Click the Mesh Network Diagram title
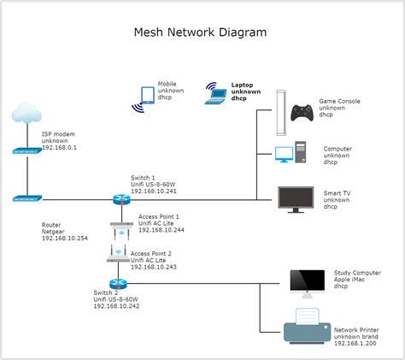pyautogui.click(x=201, y=32)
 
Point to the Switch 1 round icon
pyautogui.click(x=119, y=199)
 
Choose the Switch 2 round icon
pyautogui.click(x=118, y=283)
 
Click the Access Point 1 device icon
pyautogui.click(x=120, y=228)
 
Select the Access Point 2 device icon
pyautogui.click(x=119, y=256)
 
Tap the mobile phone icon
pyautogui.click(x=144, y=97)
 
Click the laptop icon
pyautogui.click(x=215, y=94)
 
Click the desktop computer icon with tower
pyautogui.click(x=290, y=154)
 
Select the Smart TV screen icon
pyautogui.click(x=295, y=198)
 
